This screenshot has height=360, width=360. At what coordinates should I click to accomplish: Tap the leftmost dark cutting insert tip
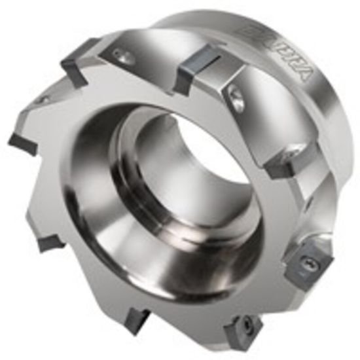21,141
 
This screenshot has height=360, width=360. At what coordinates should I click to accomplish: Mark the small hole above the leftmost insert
43,99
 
